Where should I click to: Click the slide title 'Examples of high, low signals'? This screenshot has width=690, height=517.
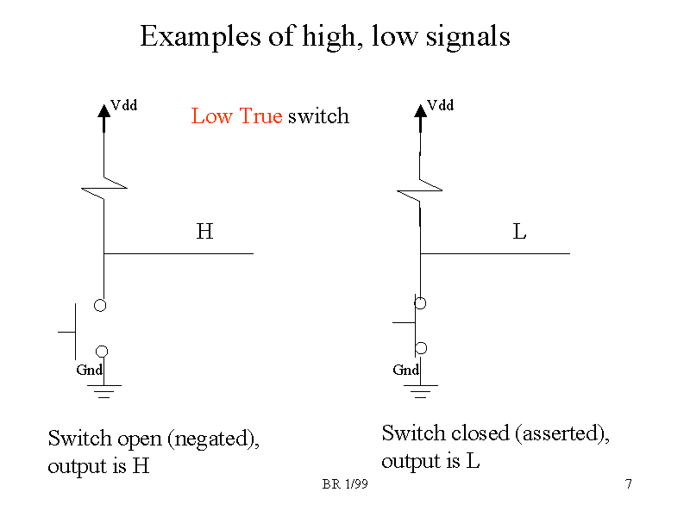(325, 37)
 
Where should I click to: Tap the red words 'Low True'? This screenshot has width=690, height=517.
(236, 116)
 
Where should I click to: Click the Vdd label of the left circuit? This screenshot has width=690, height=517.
(125, 105)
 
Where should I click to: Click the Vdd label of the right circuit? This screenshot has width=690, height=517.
(441, 105)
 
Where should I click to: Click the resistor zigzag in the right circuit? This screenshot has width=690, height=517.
(420, 189)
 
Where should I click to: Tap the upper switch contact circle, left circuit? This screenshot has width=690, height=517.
(101, 305)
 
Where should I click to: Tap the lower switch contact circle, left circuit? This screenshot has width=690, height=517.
(102, 351)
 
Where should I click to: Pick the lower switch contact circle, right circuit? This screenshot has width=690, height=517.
(421, 348)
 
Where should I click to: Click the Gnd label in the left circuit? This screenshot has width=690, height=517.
(89, 370)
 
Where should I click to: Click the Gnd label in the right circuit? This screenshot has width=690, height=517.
(405, 370)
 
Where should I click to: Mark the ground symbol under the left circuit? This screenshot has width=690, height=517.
(104, 392)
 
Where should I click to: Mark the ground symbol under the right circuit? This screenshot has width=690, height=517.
(421, 392)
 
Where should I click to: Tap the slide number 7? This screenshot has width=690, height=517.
(629, 485)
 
